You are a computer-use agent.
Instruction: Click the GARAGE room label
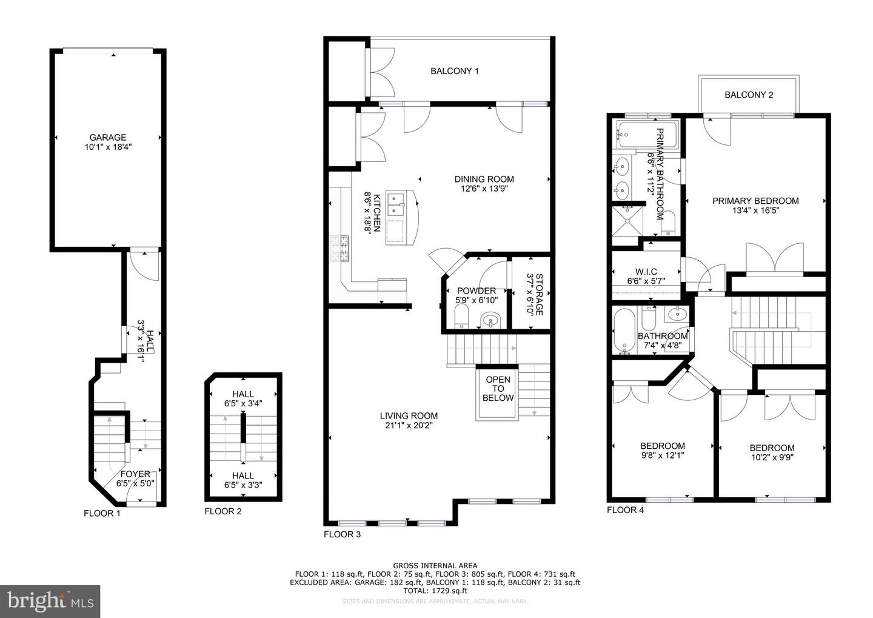coord(108,137)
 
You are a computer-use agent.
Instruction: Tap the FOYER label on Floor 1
coord(135,474)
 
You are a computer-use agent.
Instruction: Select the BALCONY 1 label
coord(454,71)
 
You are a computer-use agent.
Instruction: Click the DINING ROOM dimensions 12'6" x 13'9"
coord(484,189)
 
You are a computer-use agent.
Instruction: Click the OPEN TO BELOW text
coord(498,389)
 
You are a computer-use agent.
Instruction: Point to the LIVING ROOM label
coord(409,415)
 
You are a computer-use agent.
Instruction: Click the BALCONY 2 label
coord(749,95)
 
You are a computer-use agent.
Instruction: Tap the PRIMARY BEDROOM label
coord(755,201)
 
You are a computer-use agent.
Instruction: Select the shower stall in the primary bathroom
coord(627,221)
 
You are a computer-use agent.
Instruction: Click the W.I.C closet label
coord(646,271)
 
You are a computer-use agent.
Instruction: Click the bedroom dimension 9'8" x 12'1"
coord(663,455)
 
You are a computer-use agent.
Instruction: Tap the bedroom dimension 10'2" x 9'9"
coord(772,458)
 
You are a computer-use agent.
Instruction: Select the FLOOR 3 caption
coord(342,534)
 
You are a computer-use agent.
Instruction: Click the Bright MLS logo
coord(50,601)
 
